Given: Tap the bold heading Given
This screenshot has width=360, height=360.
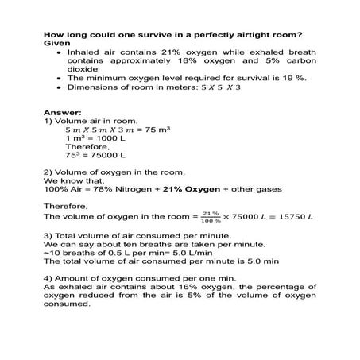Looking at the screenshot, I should point(57,43).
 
